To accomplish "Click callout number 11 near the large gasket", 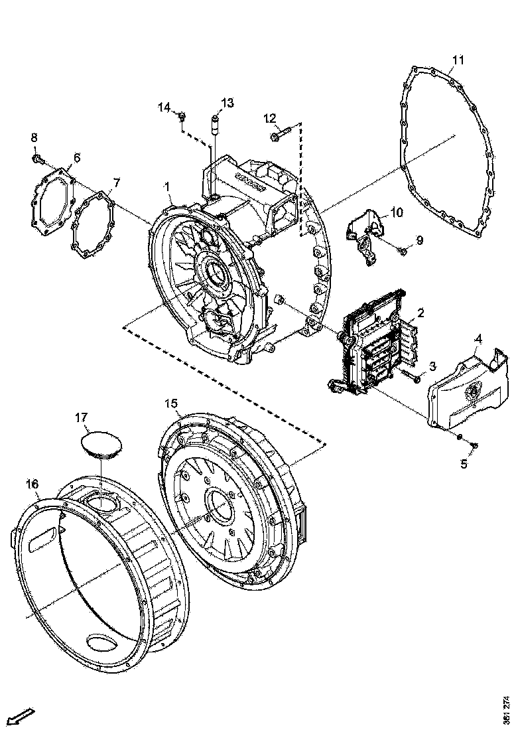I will point(457,60).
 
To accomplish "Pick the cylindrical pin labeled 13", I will point(214,124).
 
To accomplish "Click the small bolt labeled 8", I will point(37,159).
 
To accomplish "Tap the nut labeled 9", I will point(403,251).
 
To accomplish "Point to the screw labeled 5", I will point(472,444).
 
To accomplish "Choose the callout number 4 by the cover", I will point(478,340).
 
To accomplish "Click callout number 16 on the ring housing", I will point(32,484).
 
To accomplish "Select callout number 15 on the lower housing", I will point(171,403).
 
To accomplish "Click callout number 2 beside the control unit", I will point(420,312).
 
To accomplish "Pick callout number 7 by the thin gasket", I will point(116,182).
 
